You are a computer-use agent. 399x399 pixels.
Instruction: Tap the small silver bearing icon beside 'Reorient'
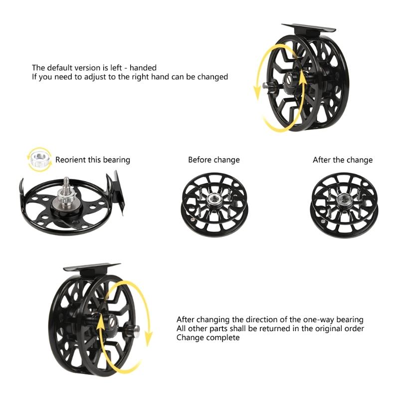[x=39, y=160]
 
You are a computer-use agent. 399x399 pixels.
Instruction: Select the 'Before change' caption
[x=213, y=160]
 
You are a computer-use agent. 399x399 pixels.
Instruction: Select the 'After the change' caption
[x=342, y=160]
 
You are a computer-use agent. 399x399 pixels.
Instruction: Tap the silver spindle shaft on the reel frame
[x=65, y=185]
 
